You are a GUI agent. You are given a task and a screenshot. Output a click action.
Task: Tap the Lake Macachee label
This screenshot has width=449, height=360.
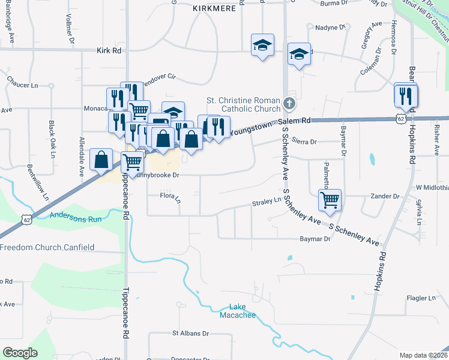pyautogui.click(x=238, y=311)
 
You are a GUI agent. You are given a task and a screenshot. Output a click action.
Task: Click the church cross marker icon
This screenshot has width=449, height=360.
pyautogui.click(x=289, y=103)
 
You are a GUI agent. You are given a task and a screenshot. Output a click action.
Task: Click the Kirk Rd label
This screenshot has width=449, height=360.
pyautogui.click(x=109, y=51)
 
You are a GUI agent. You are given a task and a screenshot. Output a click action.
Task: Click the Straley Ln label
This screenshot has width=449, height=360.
pyautogui.click(x=270, y=202)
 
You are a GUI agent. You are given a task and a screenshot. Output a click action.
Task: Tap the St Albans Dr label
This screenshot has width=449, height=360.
pyautogui.click(x=190, y=333)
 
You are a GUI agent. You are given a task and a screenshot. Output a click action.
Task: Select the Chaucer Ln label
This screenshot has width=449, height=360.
pyautogui.click(x=22, y=85)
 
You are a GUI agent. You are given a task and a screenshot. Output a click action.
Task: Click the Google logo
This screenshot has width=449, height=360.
pyautogui.click(x=20, y=353)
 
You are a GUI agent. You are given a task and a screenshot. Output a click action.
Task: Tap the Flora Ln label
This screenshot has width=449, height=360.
pyautogui.click(x=170, y=196)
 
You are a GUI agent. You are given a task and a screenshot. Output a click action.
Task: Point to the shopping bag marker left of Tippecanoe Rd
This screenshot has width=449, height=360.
pyautogui.click(x=101, y=160)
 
